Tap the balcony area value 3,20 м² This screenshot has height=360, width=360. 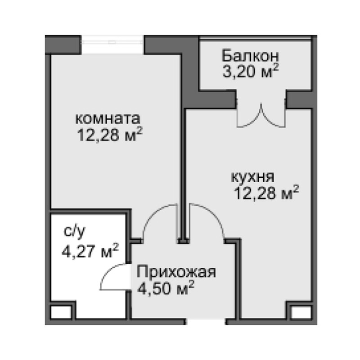[x=250, y=72]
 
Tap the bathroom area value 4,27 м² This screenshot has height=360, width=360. [x=90, y=249]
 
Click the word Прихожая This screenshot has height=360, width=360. [x=177, y=272]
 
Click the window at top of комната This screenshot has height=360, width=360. [x=112, y=41]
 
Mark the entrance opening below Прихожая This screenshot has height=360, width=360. [x=206, y=322]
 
